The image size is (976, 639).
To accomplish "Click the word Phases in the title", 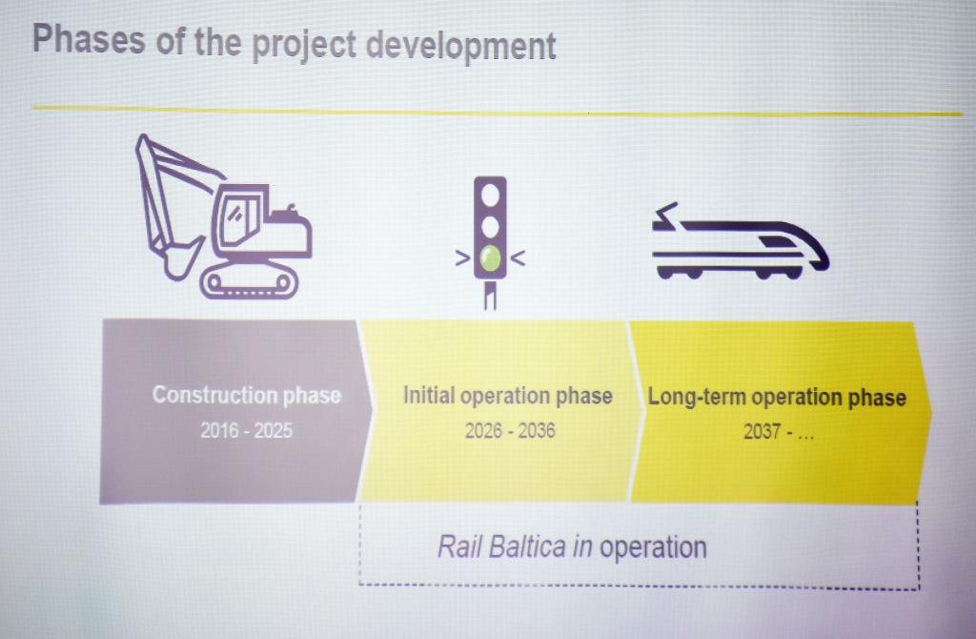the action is click(x=89, y=39).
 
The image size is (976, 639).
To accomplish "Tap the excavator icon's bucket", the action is click(x=179, y=258).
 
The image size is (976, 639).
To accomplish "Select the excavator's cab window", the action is click(x=236, y=218).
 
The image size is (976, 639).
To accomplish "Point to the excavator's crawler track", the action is click(x=249, y=282).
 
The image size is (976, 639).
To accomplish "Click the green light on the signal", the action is click(x=491, y=258).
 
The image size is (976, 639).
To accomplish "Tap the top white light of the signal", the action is click(x=491, y=195).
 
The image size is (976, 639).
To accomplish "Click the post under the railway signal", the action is click(x=491, y=295).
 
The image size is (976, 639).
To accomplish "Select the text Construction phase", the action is click(x=247, y=395).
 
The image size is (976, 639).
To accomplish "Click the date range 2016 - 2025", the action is click(x=247, y=430).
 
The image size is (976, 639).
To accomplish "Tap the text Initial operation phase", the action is click(x=508, y=396).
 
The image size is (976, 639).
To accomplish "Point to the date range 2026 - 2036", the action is click(x=510, y=431).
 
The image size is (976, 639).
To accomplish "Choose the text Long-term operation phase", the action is click(x=777, y=398).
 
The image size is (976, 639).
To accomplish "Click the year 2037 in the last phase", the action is click(x=762, y=432).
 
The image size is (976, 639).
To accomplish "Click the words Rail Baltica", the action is click(x=502, y=546).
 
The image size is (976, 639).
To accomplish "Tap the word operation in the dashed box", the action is click(x=653, y=548).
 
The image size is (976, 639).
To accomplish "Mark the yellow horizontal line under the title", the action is click(x=497, y=111).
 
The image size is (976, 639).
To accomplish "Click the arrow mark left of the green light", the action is click(x=462, y=258).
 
